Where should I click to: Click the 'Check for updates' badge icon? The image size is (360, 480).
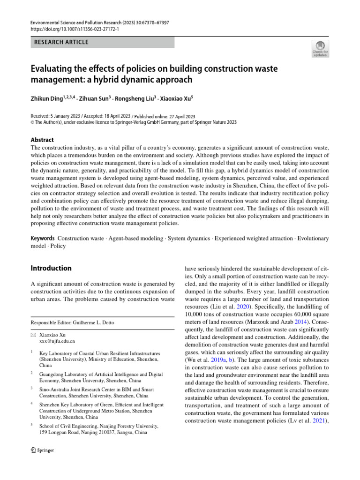(320, 48)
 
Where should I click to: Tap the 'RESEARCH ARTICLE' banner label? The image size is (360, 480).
(61, 42)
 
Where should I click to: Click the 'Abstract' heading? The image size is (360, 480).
(42, 140)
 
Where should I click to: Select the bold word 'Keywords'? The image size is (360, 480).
(43, 239)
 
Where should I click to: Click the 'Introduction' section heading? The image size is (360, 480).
(51, 268)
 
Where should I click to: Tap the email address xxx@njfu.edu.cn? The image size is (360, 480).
(57, 341)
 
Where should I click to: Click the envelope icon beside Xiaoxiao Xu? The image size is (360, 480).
(33, 335)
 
